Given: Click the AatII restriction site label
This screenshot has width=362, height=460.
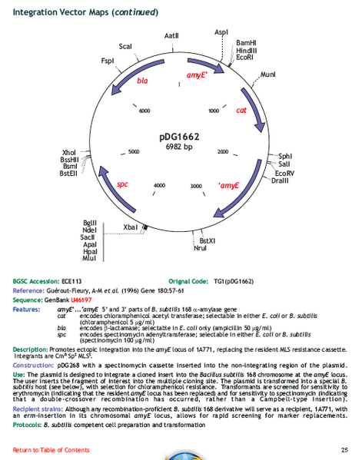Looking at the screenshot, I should [x=172, y=36].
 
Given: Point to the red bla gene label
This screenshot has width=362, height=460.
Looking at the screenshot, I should [x=142, y=80].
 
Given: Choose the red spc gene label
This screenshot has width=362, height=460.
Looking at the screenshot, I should [x=123, y=184].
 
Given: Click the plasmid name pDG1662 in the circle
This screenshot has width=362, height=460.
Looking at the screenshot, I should [x=179, y=137].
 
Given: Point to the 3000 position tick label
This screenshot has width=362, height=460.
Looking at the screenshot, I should [x=195, y=186].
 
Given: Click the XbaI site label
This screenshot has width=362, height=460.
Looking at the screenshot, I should [x=131, y=227].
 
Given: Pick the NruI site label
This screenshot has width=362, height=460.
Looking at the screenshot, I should [x=201, y=248].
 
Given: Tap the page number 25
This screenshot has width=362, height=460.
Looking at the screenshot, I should [x=344, y=448].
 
